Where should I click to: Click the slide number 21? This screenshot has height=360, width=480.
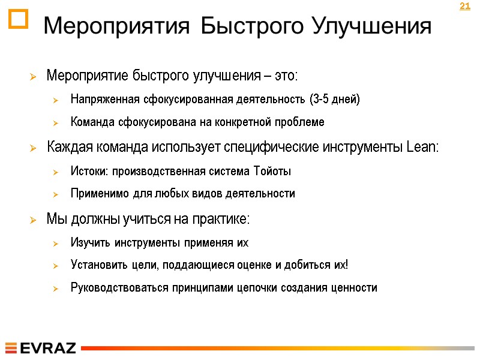pos(464,7)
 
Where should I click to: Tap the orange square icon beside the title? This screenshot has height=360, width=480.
pos(19,20)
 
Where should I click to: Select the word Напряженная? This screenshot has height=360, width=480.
pos(103,99)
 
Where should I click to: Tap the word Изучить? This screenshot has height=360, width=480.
pos(89,243)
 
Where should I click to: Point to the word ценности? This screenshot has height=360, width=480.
pos(353,288)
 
